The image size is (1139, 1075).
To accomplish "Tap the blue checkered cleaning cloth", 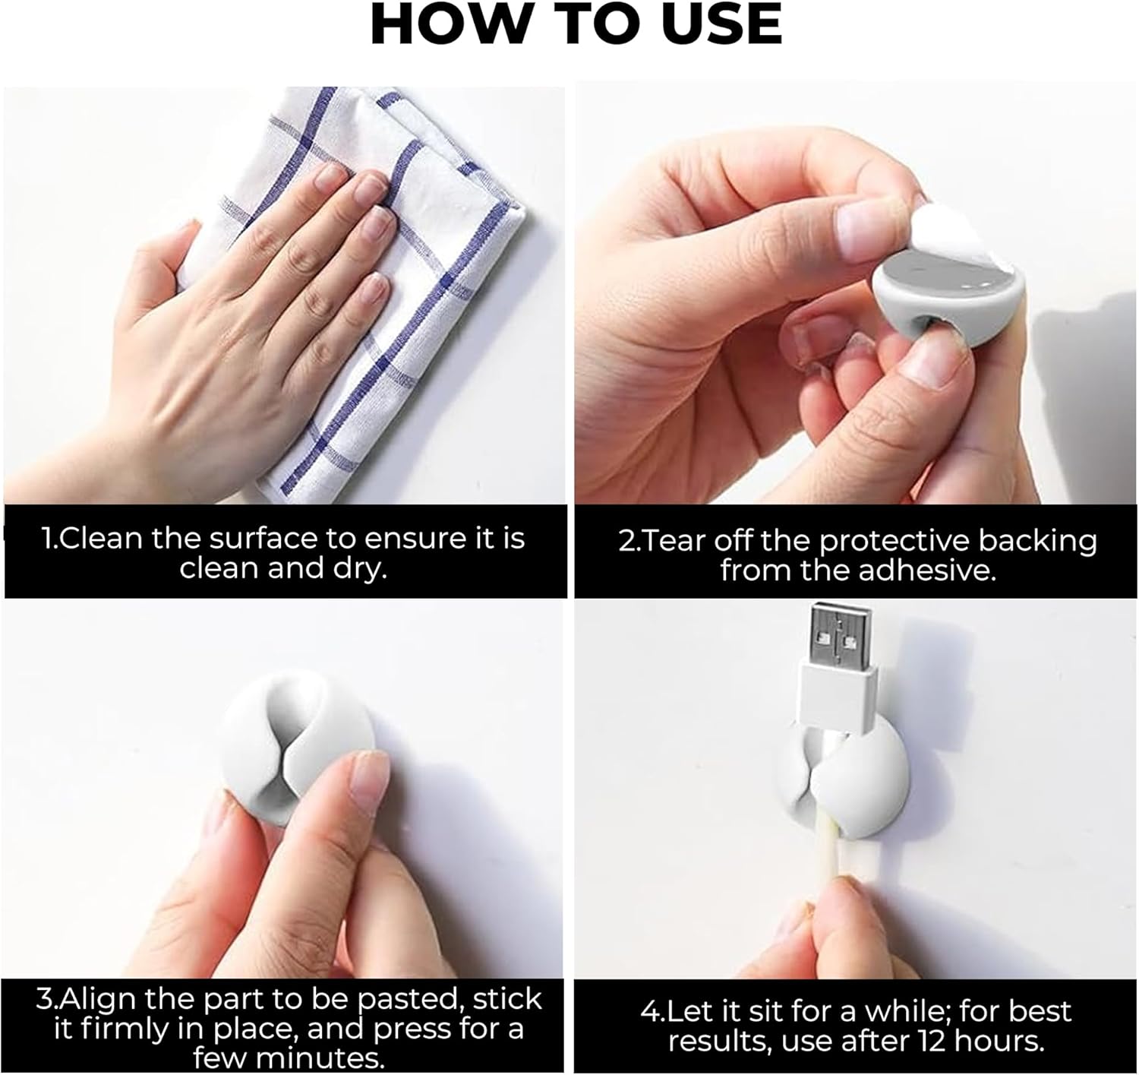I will coord(425,228).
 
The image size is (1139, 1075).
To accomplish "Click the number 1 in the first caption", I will coord(47,539).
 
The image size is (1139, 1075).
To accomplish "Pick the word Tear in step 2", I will coord(671,541).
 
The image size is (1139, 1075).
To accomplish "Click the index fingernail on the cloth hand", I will coord(328,176).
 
